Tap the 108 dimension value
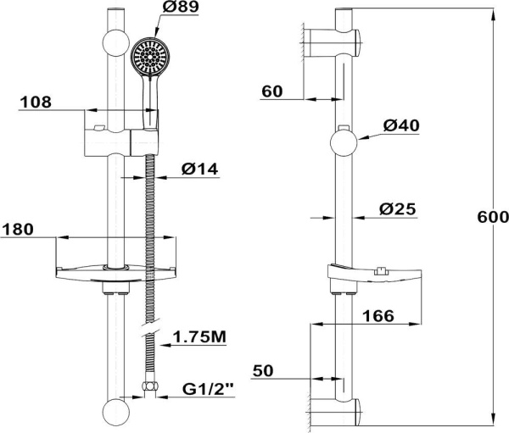(36, 102)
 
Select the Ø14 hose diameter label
(200, 169)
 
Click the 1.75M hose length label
(199, 337)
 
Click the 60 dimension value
(272, 92)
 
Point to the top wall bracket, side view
(333, 39)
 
